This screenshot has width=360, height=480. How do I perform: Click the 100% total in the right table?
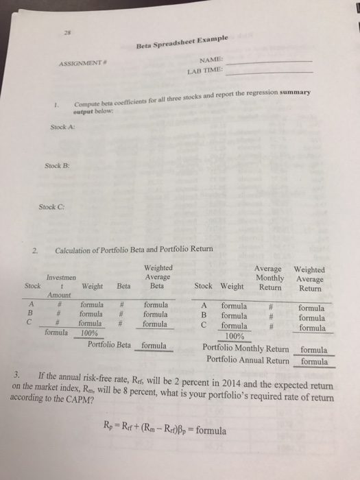coord(235,336)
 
